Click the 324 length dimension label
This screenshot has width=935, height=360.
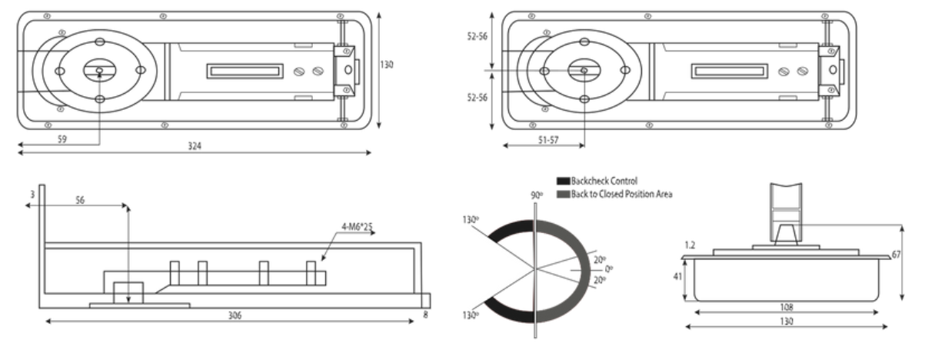coord(195,146)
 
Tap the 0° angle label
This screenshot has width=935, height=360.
coord(609,268)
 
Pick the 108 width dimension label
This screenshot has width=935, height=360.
coord(785,306)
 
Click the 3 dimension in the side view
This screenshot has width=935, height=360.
coord(32,195)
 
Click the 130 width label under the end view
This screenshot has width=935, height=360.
coord(785,320)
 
